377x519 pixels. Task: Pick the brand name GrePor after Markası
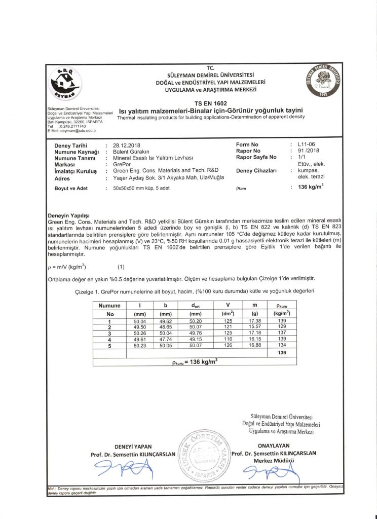(x=122, y=165)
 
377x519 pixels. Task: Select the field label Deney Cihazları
(x=256, y=171)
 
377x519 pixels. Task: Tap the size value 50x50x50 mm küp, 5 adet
(x=142, y=188)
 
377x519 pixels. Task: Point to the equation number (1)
(x=121, y=267)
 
